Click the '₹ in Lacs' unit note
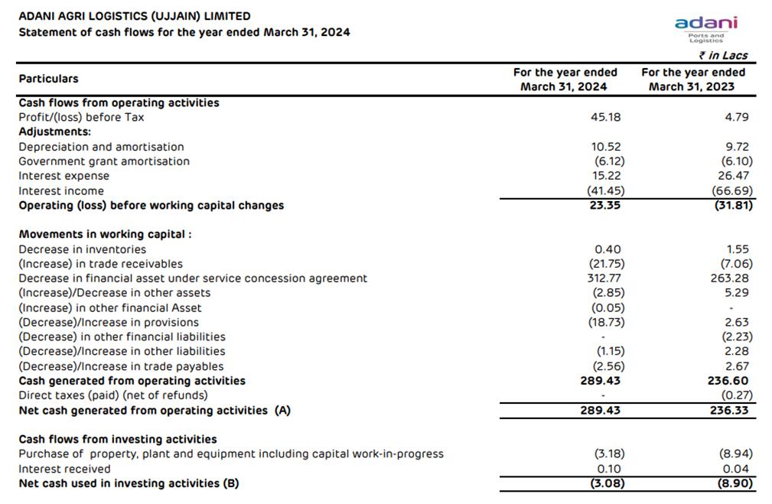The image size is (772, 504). point(722,55)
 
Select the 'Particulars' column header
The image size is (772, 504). point(48,79)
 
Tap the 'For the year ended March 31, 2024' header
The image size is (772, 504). point(565,80)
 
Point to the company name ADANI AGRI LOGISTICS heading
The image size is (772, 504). point(134,16)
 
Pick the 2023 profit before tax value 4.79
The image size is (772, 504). point(738,117)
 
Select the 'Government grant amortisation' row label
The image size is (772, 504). point(104,161)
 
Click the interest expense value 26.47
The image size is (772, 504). point(735,176)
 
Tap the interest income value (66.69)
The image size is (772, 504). point(732,191)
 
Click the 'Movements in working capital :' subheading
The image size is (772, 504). point(105,234)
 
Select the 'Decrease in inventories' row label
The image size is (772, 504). point(82,249)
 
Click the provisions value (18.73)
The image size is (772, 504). point(609,323)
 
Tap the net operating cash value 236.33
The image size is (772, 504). point(730,411)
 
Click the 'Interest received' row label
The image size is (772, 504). point(64,469)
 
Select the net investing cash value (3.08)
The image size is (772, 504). point(609,483)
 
